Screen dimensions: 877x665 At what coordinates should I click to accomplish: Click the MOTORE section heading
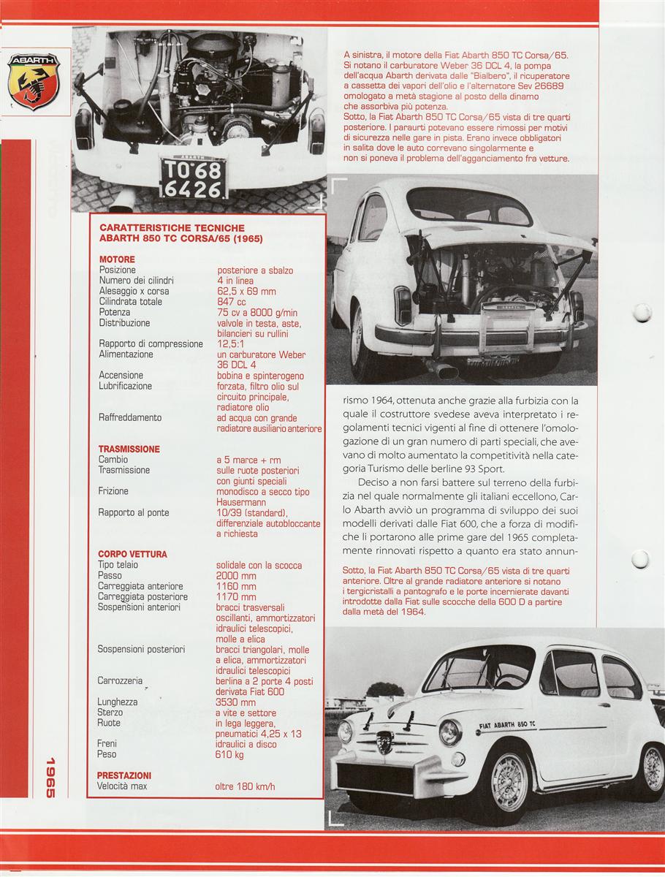click(x=117, y=259)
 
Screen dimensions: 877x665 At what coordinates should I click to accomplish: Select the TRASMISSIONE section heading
click(x=129, y=449)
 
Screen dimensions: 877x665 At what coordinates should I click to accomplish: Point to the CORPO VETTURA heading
click(x=132, y=554)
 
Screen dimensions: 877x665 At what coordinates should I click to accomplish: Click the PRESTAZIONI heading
click(x=124, y=775)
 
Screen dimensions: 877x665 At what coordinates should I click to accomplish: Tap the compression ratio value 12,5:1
click(x=233, y=343)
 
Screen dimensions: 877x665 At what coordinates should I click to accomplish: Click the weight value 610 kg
click(x=230, y=754)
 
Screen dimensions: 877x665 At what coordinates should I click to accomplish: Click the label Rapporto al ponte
click(x=134, y=512)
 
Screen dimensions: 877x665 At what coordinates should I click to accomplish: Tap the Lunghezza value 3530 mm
click(x=236, y=702)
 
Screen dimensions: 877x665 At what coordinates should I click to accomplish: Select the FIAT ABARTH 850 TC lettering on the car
click(x=508, y=725)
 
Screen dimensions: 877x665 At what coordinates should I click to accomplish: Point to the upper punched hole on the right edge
click(x=642, y=313)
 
